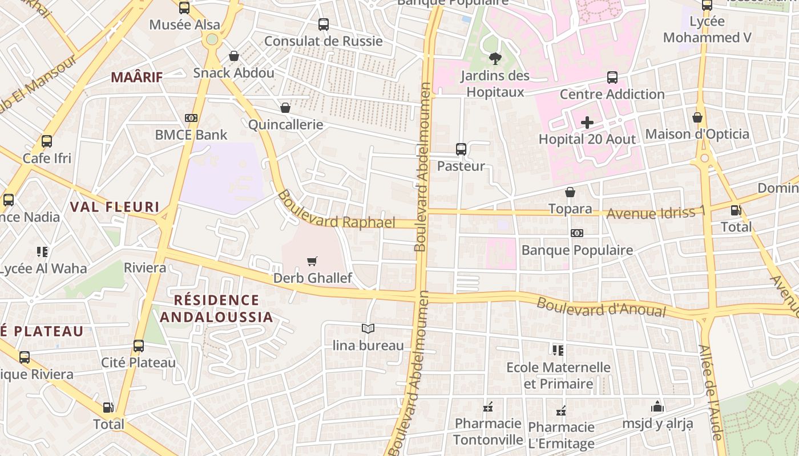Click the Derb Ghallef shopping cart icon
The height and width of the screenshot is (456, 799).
coord(312,262)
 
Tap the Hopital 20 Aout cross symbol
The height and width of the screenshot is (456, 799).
coord(587,123)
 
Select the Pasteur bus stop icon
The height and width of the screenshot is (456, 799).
coord(461,149)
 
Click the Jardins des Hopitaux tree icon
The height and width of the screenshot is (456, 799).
coord(495,58)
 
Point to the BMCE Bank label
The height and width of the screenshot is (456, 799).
coord(191,135)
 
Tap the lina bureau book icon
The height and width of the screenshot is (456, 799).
coord(368,329)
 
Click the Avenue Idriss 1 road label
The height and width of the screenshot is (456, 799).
coord(656,213)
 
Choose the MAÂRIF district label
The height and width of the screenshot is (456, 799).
coord(137,77)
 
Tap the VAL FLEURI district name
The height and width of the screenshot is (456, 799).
coord(114,206)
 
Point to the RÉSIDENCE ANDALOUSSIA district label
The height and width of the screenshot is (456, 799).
coord(216,308)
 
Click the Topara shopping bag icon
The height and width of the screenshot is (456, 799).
coord(570,193)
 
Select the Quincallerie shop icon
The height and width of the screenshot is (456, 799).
coord(285,108)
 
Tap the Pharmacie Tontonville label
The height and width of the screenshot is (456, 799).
coord(488,431)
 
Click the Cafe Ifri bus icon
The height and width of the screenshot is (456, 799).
coord(47,141)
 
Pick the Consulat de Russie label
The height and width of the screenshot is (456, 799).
coord(323,41)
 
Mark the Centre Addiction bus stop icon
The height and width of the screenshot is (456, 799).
coord(612,78)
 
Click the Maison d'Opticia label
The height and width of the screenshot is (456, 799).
coord(697,135)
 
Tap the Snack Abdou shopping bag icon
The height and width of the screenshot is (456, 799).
coord(233,56)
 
